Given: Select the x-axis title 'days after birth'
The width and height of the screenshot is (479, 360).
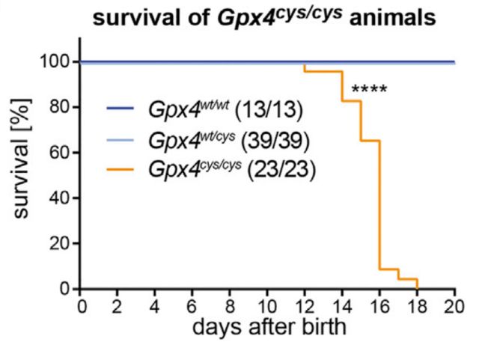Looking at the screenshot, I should [x=269, y=328].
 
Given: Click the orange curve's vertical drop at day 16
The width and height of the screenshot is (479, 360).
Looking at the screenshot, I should [x=380, y=202].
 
